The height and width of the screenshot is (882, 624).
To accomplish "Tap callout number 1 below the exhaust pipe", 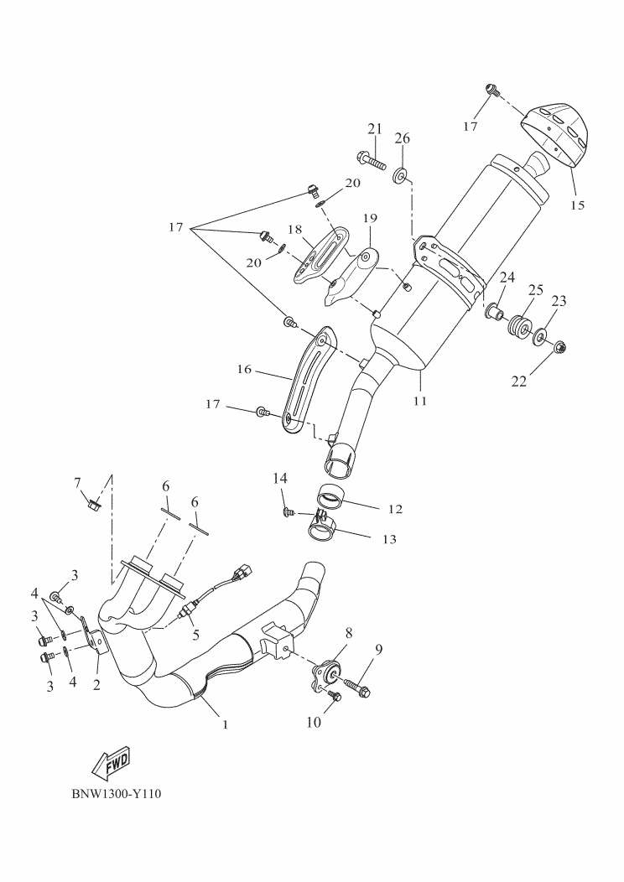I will [225, 723].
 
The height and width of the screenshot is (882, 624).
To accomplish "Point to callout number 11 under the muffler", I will [419, 401].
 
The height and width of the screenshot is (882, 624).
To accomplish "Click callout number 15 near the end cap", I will [576, 204].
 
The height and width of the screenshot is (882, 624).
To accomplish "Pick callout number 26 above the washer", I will [402, 138].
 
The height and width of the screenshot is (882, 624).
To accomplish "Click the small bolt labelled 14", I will [288, 509].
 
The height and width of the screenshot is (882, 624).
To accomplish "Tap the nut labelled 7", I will [94, 505].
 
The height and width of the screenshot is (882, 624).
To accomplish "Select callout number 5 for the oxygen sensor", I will [195, 635].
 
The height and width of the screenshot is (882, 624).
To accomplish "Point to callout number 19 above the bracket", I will [371, 219].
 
